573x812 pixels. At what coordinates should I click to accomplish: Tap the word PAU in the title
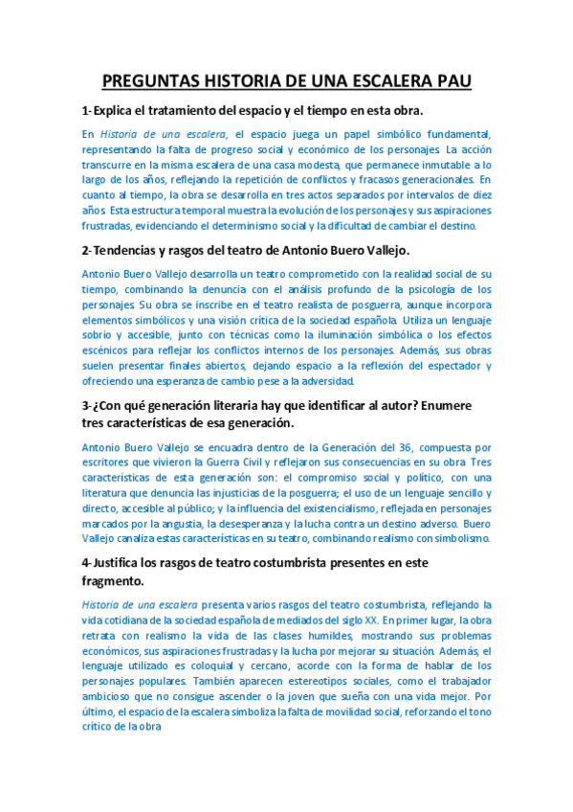[x=451, y=81]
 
